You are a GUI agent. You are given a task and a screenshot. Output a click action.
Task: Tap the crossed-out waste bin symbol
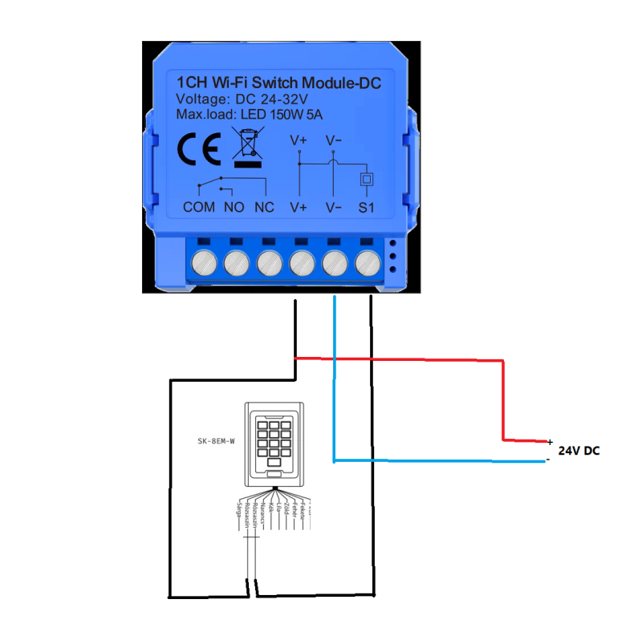(247, 146)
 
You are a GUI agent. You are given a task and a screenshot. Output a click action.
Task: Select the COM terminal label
(199, 207)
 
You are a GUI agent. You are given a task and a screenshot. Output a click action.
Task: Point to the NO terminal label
(234, 207)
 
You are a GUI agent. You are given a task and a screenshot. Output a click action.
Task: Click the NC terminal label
(264, 207)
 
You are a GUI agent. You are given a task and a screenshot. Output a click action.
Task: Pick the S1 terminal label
(367, 207)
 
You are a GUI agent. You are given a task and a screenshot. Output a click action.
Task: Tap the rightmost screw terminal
(367, 261)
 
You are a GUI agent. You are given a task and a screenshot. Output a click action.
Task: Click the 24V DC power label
(579, 452)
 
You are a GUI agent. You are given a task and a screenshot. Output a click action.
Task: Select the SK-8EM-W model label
(216, 439)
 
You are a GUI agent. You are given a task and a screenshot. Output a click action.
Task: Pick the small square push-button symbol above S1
(367, 178)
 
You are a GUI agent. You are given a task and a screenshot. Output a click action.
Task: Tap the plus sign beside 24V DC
(550, 442)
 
